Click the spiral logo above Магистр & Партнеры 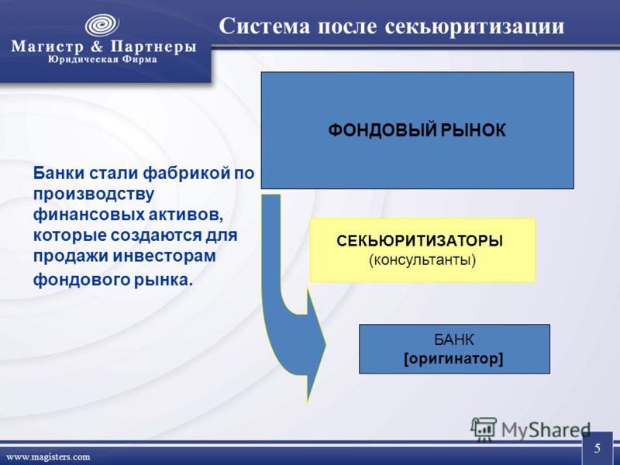[x=102, y=26]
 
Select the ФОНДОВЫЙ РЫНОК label [x=417, y=130]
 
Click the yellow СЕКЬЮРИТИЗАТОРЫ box [x=422, y=250]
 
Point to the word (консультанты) [x=422, y=260]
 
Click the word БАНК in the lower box [x=453, y=339]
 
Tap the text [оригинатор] [x=453, y=359]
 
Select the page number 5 [x=597, y=448]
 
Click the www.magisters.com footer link [x=48, y=456]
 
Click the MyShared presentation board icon [x=484, y=429]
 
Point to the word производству [x=93, y=195]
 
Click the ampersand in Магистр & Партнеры [x=97, y=46]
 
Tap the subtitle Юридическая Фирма [x=102, y=60]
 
